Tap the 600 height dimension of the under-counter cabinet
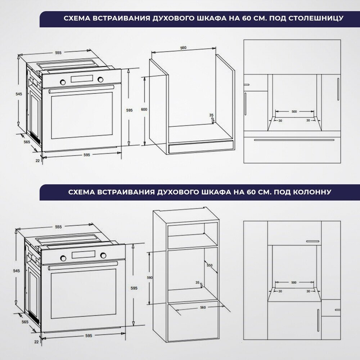click(x=144, y=109)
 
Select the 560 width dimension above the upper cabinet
click(x=183, y=48)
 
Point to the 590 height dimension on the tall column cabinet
click(x=150, y=278)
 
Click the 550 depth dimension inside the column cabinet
click(x=210, y=265)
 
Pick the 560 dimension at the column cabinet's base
click(x=203, y=307)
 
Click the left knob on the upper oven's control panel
click(x=62, y=82)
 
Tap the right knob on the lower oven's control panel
click(x=103, y=255)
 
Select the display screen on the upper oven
click(x=82, y=79)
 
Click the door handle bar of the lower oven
click(x=83, y=265)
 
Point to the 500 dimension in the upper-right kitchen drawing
click(x=294, y=112)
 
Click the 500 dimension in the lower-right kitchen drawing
click(x=294, y=282)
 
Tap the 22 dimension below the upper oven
click(x=38, y=161)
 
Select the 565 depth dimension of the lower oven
click(x=25, y=322)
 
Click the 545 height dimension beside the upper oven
click(x=19, y=94)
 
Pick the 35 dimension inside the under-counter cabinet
click(x=211, y=115)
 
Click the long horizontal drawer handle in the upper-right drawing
click(x=294, y=140)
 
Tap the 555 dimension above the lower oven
click(x=58, y=227)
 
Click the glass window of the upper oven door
click(x=82, y=116)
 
